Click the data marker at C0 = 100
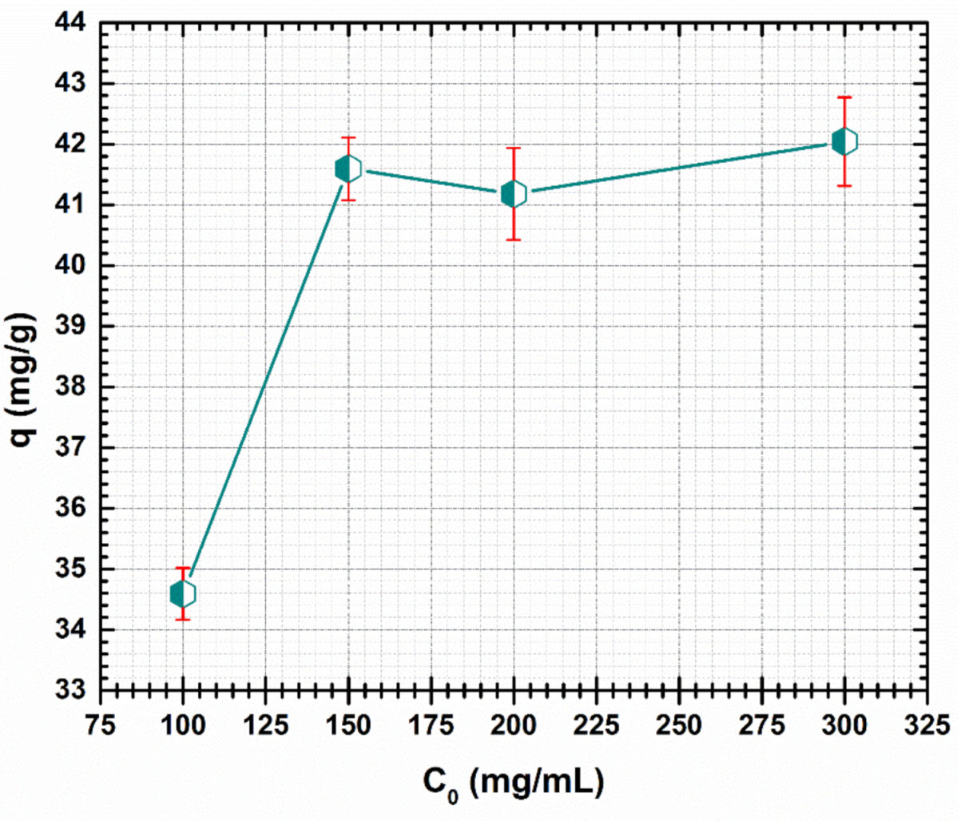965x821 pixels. [183, 594]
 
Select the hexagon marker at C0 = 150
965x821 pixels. [348, 169]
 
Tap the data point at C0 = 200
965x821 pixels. [514, 193]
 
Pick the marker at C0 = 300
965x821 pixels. [844, 141]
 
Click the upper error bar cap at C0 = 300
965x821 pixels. [844, 97]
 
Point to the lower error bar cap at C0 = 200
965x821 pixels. [514, 240]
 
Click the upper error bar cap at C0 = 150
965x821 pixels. [348, 138]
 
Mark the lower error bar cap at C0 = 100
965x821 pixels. [183, 619]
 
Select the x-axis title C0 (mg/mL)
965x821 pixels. [512, 783]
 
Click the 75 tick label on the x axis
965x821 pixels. [101, 725]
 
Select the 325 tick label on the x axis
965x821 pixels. [927, 725]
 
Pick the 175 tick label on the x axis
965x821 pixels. [431, 725]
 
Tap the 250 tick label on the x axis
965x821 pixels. [679, 725]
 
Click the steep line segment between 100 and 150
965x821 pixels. [265, 382]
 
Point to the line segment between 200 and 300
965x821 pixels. [679, 167]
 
